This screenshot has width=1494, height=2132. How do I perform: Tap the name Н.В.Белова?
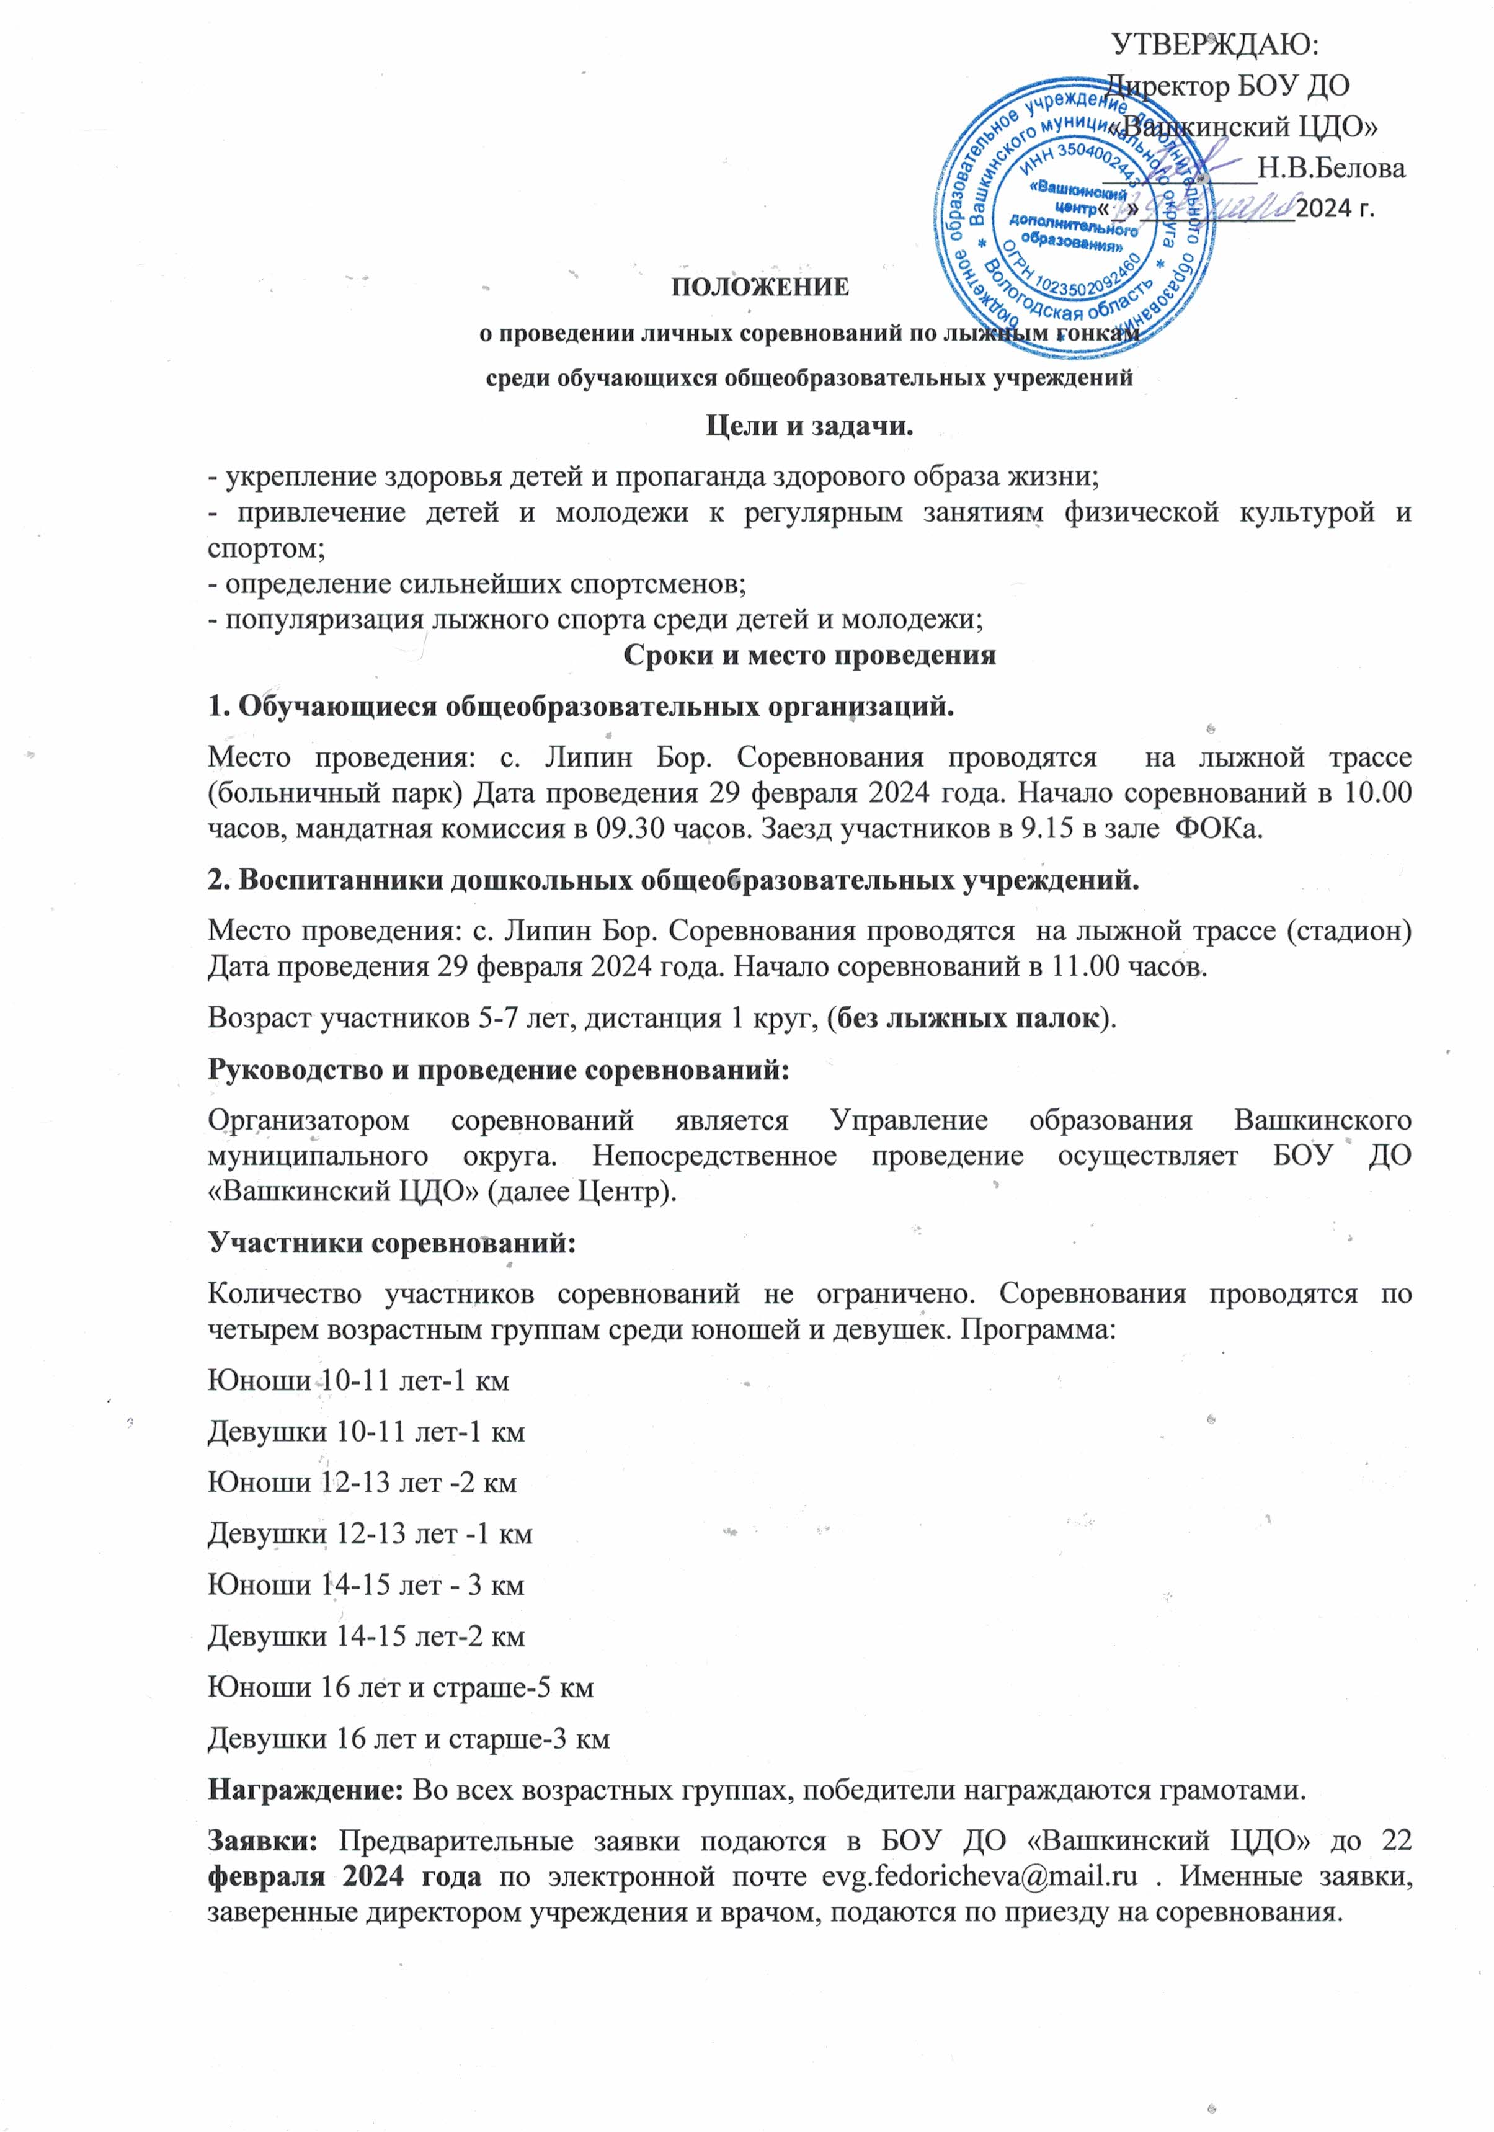pos(1330,168)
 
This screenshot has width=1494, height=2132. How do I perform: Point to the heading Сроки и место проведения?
pos(809,656)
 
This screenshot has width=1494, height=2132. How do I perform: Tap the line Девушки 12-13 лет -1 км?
pos(370,1533)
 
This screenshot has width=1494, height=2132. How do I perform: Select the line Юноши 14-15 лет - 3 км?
pos(366,1584)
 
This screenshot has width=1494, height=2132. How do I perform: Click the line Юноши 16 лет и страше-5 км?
pos(400,1687)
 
